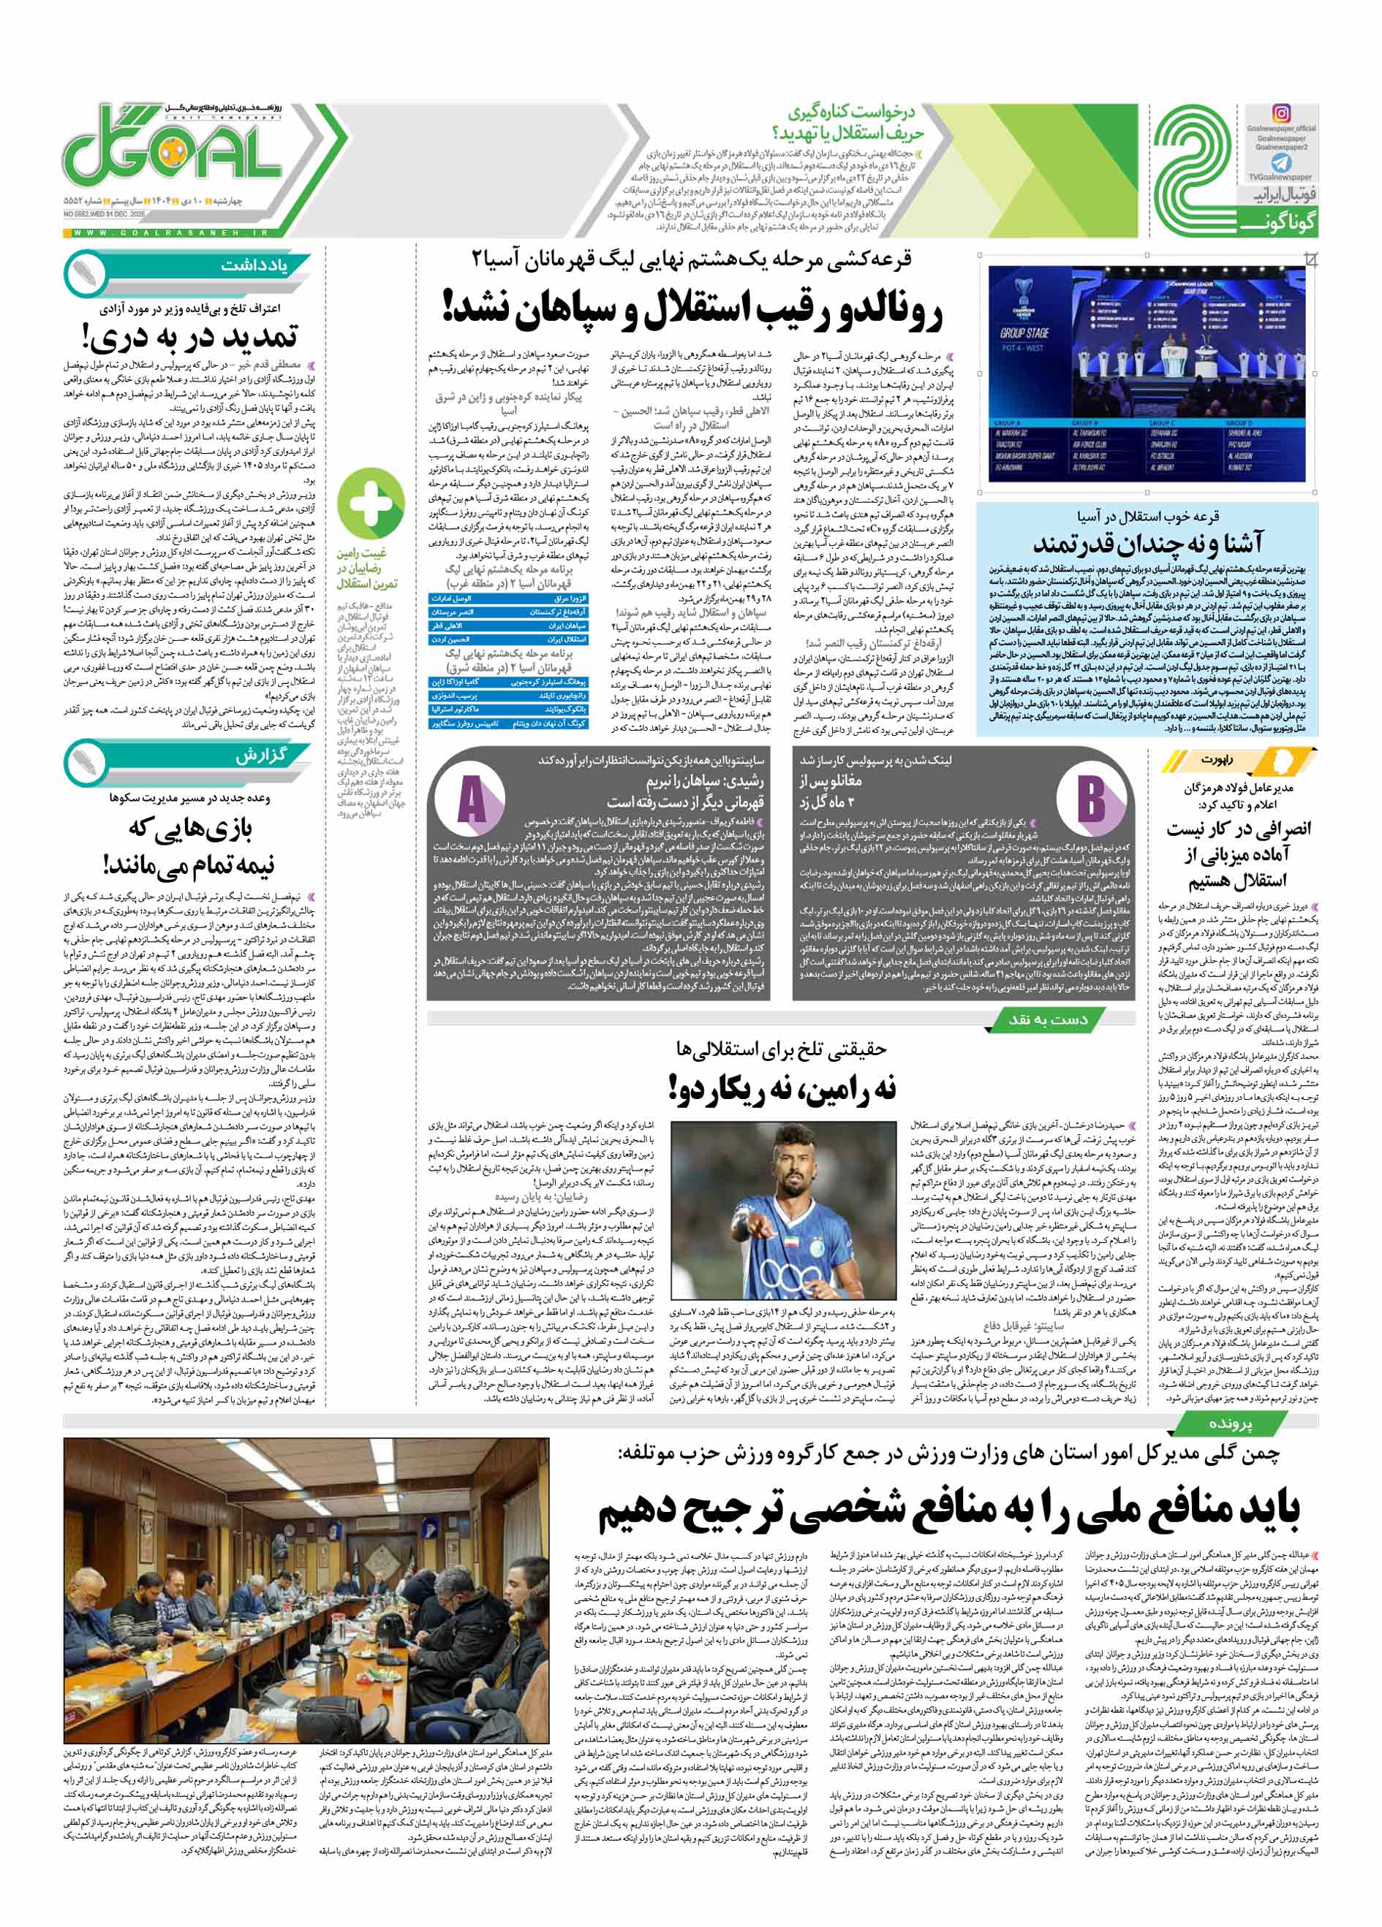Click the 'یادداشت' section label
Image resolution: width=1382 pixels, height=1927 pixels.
[x=242, y=265]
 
